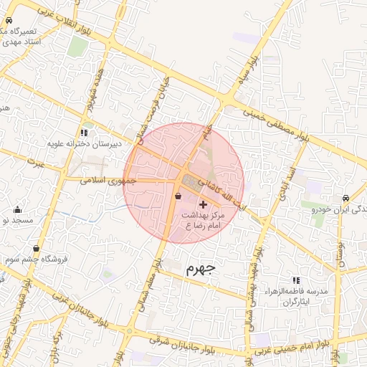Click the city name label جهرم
click(200, 270)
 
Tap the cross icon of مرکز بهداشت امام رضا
click(203, 204)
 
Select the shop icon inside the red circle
click(178, 196)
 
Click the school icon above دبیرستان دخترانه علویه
click(85, 133)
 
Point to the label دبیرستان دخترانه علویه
click(85, 143)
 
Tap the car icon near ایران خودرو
click(345, 198)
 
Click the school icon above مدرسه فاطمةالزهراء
click(296, 280)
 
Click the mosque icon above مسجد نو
click(17, 209)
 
